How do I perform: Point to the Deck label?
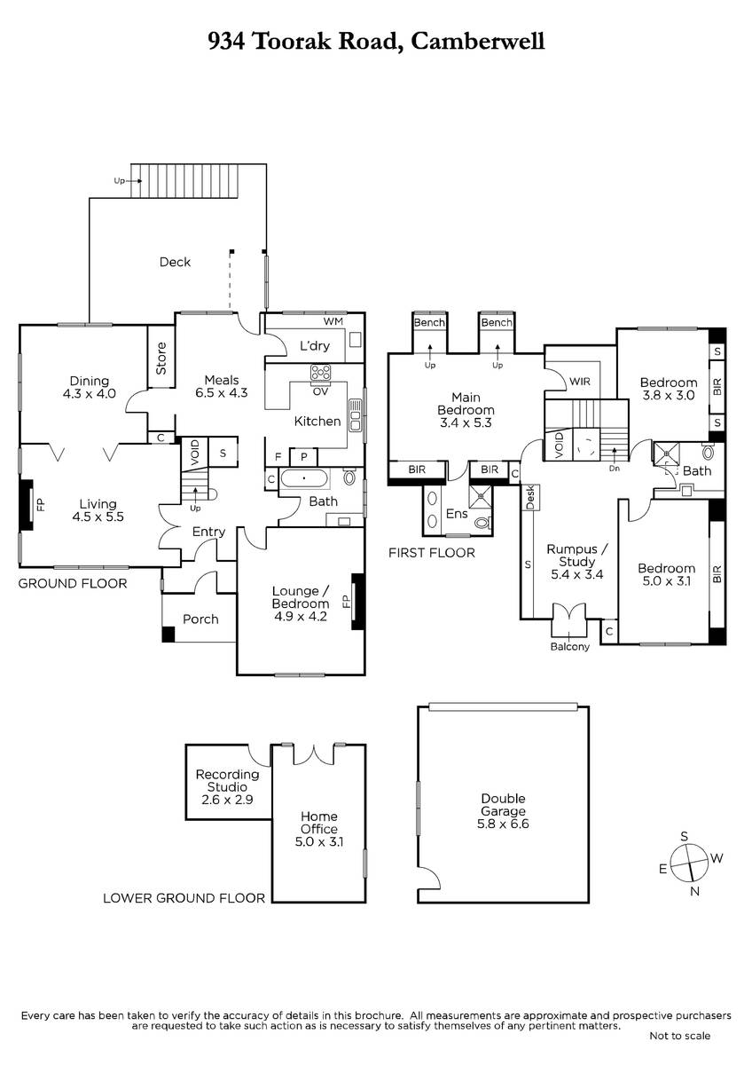click(175, 262)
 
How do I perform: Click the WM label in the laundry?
click(333, 321)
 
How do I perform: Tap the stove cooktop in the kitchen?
click(321, 373)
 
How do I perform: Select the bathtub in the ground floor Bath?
click(304, 478)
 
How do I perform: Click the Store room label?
click(161, 359)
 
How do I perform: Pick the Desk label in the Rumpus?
click(530, 497)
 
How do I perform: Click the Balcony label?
click(569, 646)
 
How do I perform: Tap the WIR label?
click(580, 382)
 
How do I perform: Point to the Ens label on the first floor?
click(457, 514)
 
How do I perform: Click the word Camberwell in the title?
click(477, 41)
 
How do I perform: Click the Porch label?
click(200, 619)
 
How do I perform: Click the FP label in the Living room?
click(41, 504)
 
